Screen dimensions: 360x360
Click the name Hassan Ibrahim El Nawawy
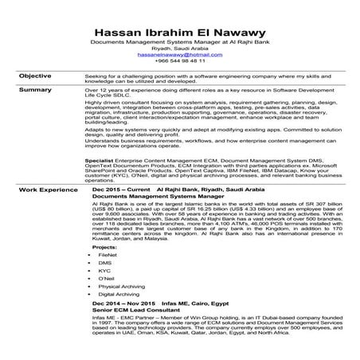coord(179,25)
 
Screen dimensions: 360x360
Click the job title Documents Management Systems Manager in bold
coord(148,198)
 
